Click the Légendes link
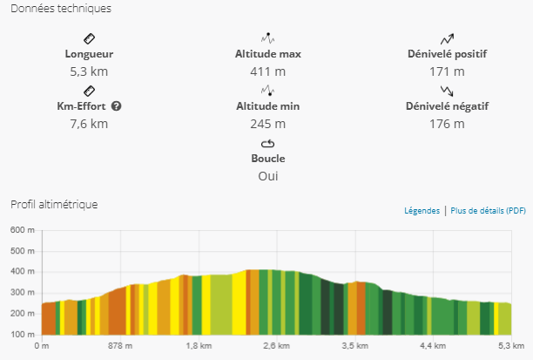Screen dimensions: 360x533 coord(422,211)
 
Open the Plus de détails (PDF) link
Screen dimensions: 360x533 coord(488,211)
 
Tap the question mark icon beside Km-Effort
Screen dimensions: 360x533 coord(116,106)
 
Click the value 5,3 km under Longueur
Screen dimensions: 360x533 coord(89,71)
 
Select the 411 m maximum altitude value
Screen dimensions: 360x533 coord(267,71)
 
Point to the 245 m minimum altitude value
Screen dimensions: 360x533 coord(267,124)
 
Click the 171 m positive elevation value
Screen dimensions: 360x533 coord(447,71)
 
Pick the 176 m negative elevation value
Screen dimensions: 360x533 coord(447,124)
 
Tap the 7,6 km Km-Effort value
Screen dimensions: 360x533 coord(89,124)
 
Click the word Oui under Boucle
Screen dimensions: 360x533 coord(267,176)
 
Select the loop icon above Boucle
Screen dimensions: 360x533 coord(267,144)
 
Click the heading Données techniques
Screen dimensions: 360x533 coord(60,9)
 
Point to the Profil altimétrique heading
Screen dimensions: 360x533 coord(54,205)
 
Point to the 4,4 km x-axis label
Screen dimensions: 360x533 coord(432,346)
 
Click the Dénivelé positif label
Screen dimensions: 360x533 coord(447,54)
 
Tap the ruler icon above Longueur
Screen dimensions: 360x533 coord(89,39)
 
